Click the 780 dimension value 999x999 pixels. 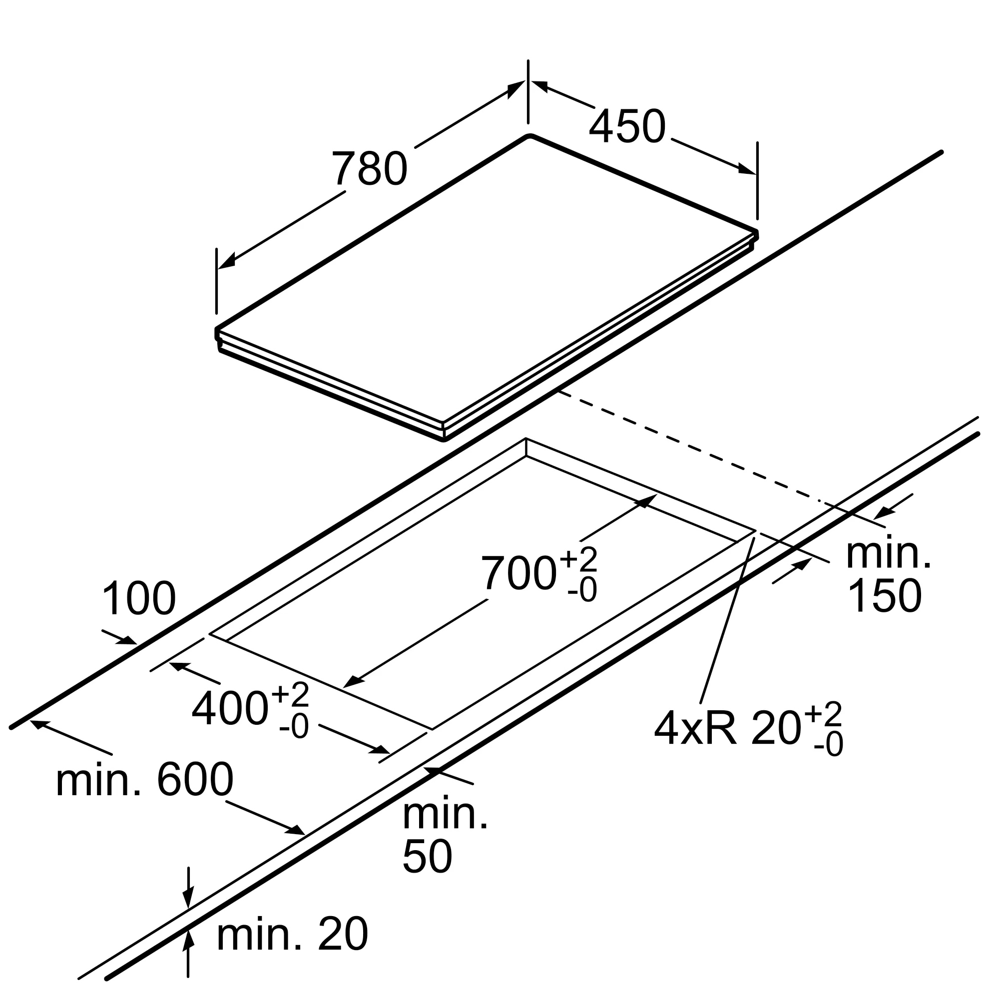click(x=369, y=168)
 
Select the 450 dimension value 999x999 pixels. click(x=627, y=127)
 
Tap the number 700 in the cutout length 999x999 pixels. click(x=518, y=573)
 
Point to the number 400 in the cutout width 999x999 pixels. click(x=230, y=709)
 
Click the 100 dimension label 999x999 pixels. click(x=139, y=599)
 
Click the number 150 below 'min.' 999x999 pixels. click(x=884, y=596)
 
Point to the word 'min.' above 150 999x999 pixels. click(x=888, y=554)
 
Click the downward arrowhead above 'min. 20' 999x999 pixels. click(x=189, y=897)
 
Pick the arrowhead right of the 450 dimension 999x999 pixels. click(x=747, y=169)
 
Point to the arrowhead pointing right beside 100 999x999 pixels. click(x=127, y=641)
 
